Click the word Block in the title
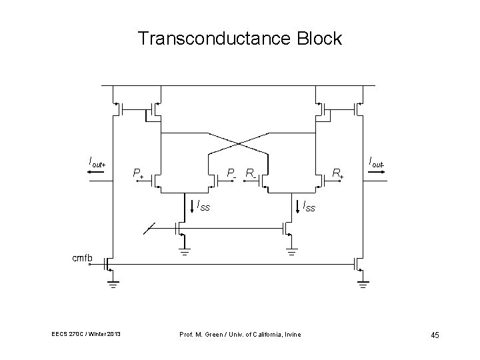coord(319,39)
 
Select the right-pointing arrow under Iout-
coord(377,171)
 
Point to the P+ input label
coord(139,174)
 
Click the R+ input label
coord(339,174)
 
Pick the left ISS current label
coord(201,206)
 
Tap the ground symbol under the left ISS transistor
coord(183,251)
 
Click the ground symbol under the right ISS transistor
coord(292,251)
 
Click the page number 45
coord(434,334)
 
